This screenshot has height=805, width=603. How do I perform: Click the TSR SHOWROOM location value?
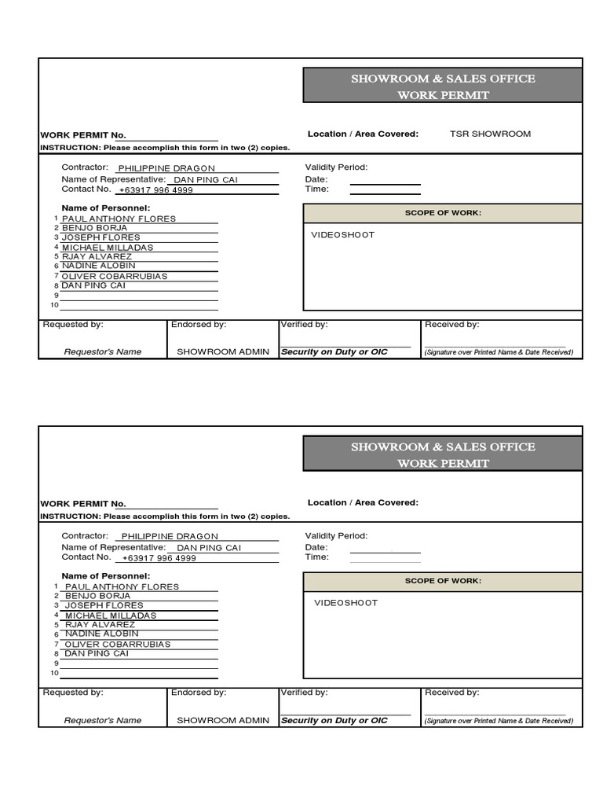(x=490, y=134)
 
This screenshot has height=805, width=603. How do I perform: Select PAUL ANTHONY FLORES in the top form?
(x=119, y=219)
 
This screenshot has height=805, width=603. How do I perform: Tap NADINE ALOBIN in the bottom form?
(x=101, y=634)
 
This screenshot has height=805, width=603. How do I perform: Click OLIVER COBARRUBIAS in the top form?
(x=115, y=276)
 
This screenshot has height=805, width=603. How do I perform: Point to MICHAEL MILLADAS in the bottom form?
(x=111, y=616)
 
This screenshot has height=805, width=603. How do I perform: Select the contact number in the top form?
(x=155, y=190)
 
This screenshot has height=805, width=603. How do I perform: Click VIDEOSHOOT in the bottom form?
(x=345, y=603)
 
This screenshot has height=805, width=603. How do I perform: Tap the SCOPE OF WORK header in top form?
(x=443, y=213)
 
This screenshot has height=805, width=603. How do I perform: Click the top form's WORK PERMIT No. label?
(x=83, y=135)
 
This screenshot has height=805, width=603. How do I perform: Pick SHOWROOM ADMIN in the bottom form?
(x=223, y=720)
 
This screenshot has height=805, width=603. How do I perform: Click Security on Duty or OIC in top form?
(x=334, y=352)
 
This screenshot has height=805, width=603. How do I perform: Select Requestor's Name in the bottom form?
(x=103, y=720)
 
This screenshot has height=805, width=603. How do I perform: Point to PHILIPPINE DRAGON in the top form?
(x=166, y=168)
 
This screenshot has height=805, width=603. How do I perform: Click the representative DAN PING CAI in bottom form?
(x=209, y=548)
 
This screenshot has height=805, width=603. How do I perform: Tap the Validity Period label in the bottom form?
(x=336, y=535)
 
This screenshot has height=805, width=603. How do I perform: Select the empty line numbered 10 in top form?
(x=139, y=307)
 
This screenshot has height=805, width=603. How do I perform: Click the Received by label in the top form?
(x=451, y=325)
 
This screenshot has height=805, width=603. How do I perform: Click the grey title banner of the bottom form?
(x=443, y=454)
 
